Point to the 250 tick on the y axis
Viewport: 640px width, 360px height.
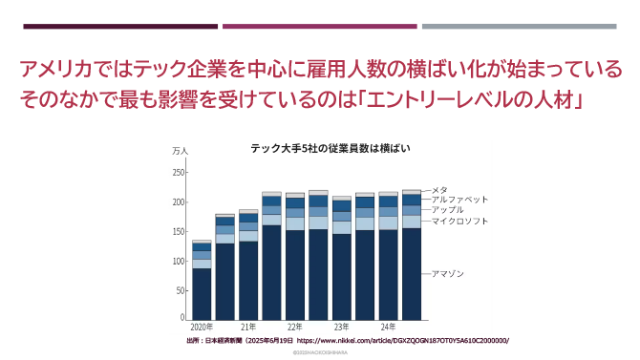pyautogui.click(x=179, y=173)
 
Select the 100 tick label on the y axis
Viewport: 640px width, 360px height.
pyautogui.click(x=179, y=261)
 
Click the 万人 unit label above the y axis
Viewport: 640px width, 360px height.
pyautogui.click(x=180, y=152)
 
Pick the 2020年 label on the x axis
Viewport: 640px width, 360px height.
pyautogui.click(x=202, y=327)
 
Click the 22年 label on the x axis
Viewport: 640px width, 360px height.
pyautogui.click(x=295, y=327)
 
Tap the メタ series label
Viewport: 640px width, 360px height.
pyautogui.click(x=440, y=189)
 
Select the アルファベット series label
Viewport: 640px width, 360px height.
pyautogui.click(x=459, y=200)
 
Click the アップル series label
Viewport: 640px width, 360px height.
pyautogui.click(x=448, y=210)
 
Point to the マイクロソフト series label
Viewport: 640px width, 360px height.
pyautogui.click(x=459, y=222)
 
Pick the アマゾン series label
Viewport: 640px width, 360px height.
pyautogui.click(x=448, y=274)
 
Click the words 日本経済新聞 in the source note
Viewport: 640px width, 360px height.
pyautogui.click(x=225, y=340)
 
